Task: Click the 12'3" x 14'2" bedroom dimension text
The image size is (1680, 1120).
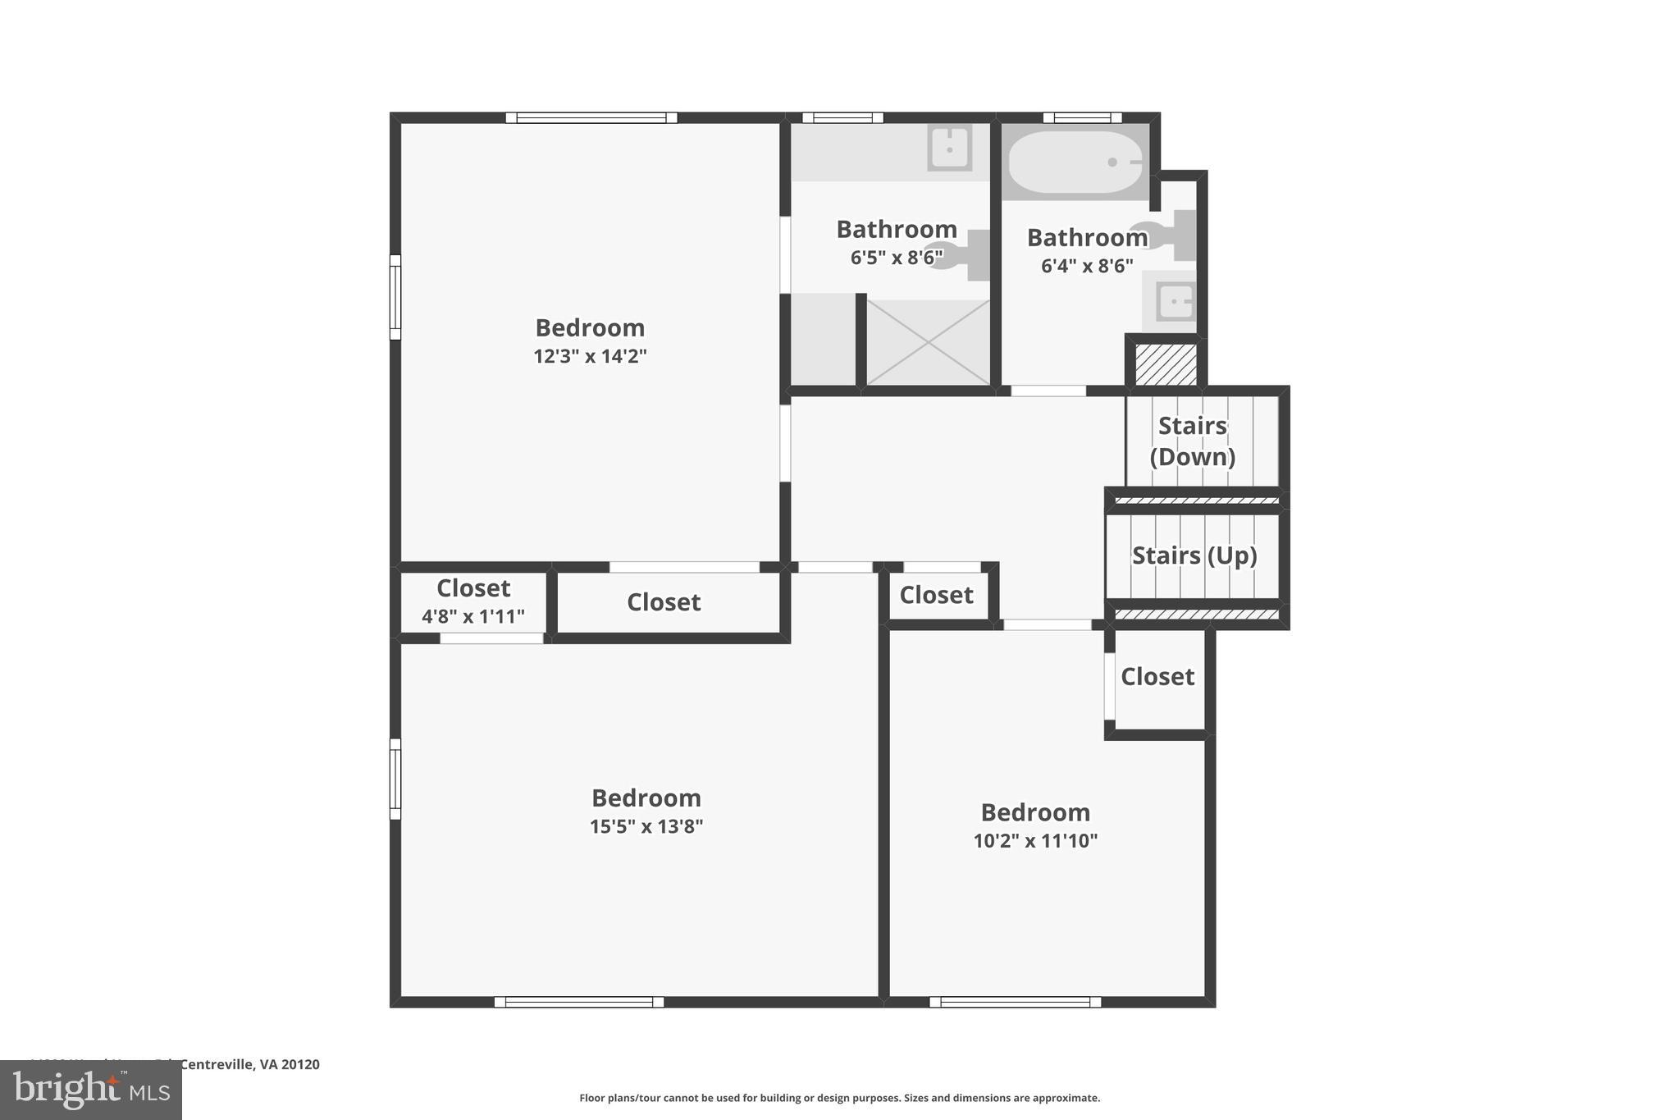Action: pyautogui.click(x=590, y=356)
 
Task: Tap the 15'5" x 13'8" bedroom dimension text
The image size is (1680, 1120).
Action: pyautogui.click(x=646, y=826)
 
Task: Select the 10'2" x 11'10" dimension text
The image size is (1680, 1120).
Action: pyautogui.click(x=1035, y=841)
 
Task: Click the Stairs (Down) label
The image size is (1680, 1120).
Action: pyautogui.click(x=1192, y=441)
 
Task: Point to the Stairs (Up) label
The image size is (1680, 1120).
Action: pyautogui.click(x=1194, y=555)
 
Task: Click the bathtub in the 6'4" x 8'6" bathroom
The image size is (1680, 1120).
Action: pyautogui.click(x=1075, y=162)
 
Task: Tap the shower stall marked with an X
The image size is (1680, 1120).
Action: pyautogui.click(x=928, y=342)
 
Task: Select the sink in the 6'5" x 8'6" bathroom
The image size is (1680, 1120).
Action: pyautogui.click(x=949, y=149)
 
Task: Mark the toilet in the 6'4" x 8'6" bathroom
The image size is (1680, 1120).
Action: pyautogui.click(x=1165, y=234)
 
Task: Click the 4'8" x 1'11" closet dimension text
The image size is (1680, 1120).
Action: pyautogui.click(x=473, y=617)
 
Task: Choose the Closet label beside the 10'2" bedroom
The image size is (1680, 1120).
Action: pyautogui.click(x=1157, y=677)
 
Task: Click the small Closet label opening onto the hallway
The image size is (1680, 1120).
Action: pyautogui.click(x=936, y=595)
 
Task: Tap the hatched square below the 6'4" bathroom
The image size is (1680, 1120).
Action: pyautogui.click(x=1166, y=364)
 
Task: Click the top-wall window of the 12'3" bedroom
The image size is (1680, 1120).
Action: pyautogui.click(x=591, y=117)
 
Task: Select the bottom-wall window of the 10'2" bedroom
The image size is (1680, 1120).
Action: pyautogui.click(x=1015, y=1002)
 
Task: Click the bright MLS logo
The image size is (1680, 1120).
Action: pyautogui.click(x=91, y=1090)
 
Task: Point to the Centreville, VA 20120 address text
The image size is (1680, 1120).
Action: pyautogui.click(x=249, y=1064)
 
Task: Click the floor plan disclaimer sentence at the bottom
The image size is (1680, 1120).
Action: pyautogui.click(x=839, y=1098)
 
